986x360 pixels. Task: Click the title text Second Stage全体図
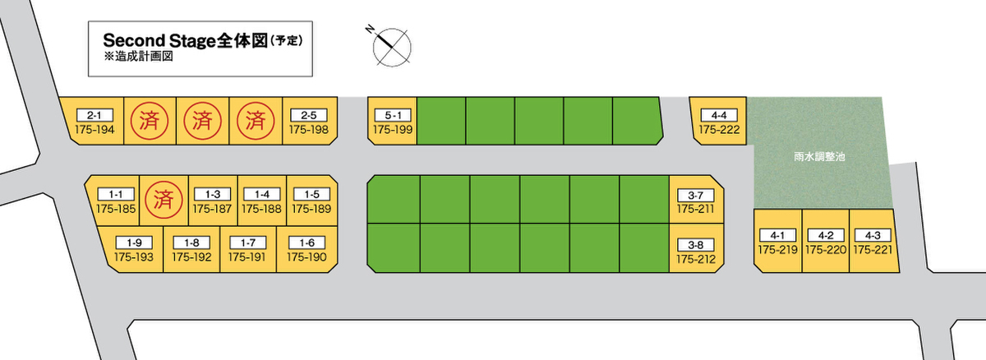pos(186,40)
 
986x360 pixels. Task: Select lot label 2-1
pos(94,115)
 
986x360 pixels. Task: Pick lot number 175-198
pos(309,130)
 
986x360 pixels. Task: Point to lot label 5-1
pos(392,115)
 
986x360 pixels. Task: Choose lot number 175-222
pos(719,130)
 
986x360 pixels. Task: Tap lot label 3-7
pos(695,196)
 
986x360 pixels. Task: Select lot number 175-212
pos(695,260)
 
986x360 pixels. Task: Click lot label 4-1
pos(777,234)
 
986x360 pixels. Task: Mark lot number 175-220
pos(825,249)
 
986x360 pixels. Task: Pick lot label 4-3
pos(873,234)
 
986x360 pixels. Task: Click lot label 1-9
pos(134,242)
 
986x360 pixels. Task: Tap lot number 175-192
pos(191,257)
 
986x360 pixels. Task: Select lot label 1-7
pos(247,242)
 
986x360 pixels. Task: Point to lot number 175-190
pos(307,257)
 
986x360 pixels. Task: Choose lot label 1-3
pos(213,194)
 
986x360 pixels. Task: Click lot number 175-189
pos(311,209)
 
